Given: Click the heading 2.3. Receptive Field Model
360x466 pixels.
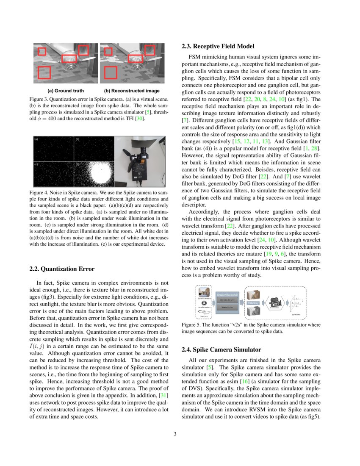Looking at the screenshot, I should point(218,46).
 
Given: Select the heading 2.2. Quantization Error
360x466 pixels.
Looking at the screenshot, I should point(62,269).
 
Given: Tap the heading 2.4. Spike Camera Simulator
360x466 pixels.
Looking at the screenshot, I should point(221,349).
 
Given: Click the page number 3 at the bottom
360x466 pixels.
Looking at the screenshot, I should point(180,434).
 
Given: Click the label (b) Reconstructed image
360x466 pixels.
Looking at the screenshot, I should point(132,91).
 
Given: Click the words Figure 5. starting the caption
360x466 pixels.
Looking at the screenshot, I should point(190,324).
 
